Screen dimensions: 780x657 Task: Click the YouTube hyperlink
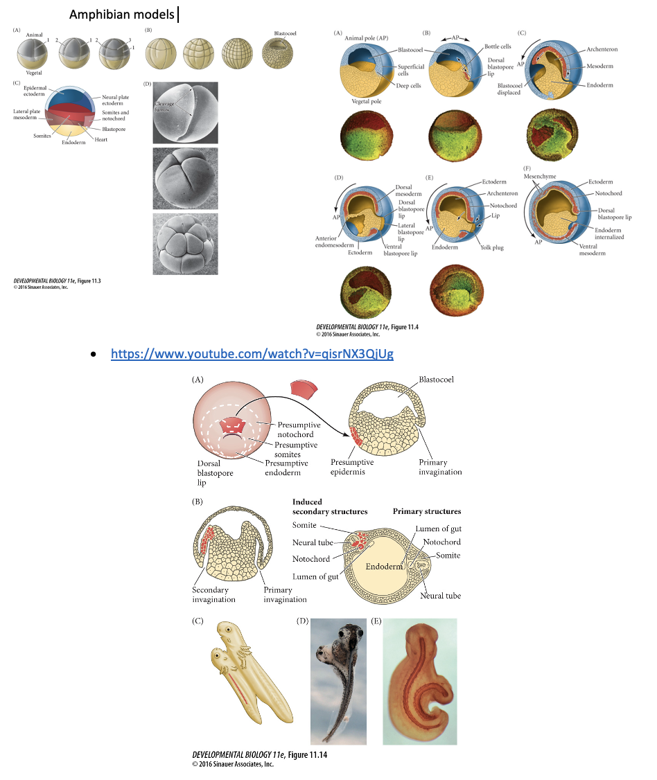click(x=252, y=354)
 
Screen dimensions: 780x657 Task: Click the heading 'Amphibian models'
click(x=123, y=15)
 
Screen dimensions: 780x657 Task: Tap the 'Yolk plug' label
click(x=492, y=247)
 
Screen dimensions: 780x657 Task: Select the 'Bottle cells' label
click(x=498, y=46)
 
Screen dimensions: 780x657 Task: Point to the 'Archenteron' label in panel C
click(x=602, y=49)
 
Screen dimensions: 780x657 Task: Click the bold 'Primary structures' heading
click(x=426, y=511)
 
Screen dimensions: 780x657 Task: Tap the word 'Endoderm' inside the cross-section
click(x=385, y=566)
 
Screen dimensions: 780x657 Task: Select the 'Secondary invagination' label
click(x=213, y=595)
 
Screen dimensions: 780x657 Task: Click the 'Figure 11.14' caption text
click(x=259, y=755)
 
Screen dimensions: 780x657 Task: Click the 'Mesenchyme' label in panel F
click(x=541, y=177)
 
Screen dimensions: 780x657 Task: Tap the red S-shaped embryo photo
click(x=419, y=681)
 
